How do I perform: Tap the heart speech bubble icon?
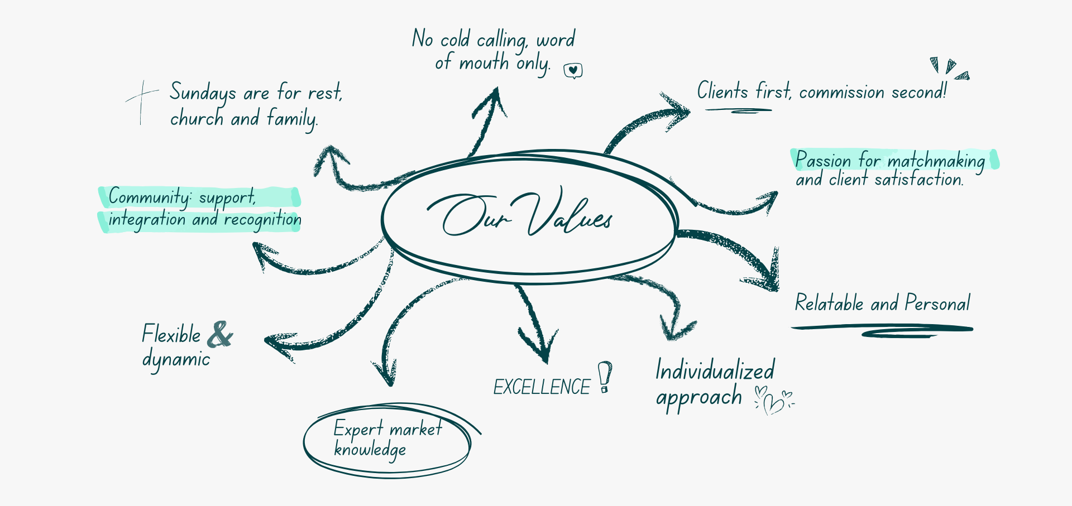[573, 71]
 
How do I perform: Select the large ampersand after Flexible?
[220, 334]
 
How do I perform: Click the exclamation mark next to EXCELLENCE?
[605, 377]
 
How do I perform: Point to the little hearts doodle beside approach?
[774, 400]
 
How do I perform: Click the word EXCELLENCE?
[541, 387]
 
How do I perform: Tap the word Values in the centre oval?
[569, 215]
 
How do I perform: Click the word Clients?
[722, 90]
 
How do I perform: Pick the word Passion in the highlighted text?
[823, 160]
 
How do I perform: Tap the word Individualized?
[715, 370]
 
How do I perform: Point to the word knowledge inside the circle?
[370, 450]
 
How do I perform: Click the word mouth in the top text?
[484, 62]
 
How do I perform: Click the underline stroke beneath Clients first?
[738, 110]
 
